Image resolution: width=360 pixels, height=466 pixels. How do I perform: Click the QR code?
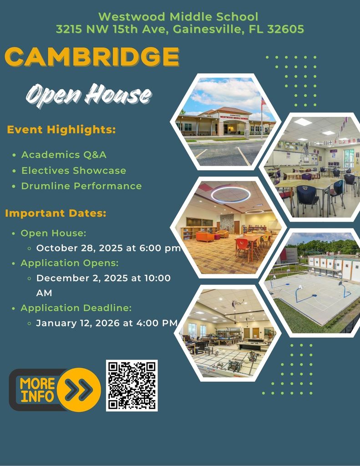pyautogui.click(x=132, y=385)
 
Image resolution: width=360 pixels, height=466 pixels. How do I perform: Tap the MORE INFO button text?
pyautogui.click(x=37, y=390)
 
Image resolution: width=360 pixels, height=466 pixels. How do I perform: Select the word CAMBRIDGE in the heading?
pyautogui.click(x=91, y=57)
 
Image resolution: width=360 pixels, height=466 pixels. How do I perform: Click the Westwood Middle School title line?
pyautogui.click(x=178, y=17)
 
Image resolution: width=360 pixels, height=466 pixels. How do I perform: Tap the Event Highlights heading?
pyautogui.click(x=61, y=130)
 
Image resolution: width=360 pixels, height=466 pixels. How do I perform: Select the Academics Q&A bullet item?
pyautogui.click(x=64, y=155)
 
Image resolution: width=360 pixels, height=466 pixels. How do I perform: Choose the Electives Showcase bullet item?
pyautogui.click(x=74, y=170)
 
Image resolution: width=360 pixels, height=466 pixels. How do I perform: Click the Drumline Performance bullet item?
pyautogui.click(x=81, y=186)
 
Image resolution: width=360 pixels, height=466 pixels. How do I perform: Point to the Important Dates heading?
pyautogui.click(x=56, y=213)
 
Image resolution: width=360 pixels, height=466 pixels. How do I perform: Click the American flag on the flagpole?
pyautogui.click(x=264, y=101)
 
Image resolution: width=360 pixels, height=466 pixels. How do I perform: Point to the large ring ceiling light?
pyautogui.click(x=231, y=194)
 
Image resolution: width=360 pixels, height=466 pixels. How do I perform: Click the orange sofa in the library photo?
pyautogui.click(x=206, y=237)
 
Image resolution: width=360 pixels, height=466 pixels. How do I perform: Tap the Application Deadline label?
pyautogui.click(x=76, y=308)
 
